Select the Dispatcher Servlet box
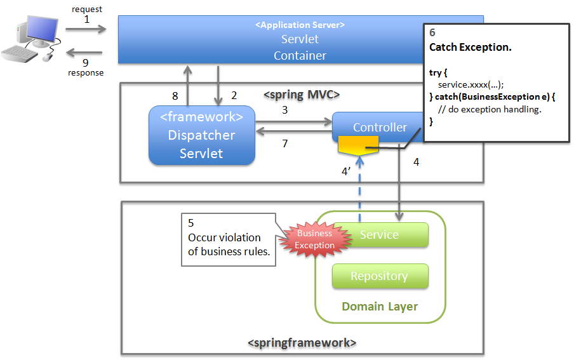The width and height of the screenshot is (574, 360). tap(201, 135)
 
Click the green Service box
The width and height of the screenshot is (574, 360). tap(380, 235)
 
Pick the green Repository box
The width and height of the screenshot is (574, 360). tap(380, 276)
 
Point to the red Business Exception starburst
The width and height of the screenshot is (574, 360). tap(315, 239)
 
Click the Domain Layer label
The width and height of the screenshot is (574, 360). tap(380, 307)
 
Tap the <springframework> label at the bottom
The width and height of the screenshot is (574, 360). tap(302, 343)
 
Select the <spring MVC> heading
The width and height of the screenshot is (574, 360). tap(302, 95)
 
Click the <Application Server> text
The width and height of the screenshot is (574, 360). tap(300, 25)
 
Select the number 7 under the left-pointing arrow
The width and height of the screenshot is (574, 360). tap(285, 144)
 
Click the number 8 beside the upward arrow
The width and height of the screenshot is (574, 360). tap(175, 96)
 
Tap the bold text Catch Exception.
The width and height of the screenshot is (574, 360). tap(471, 48)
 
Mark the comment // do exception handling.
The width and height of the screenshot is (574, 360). tap(490, 109)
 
